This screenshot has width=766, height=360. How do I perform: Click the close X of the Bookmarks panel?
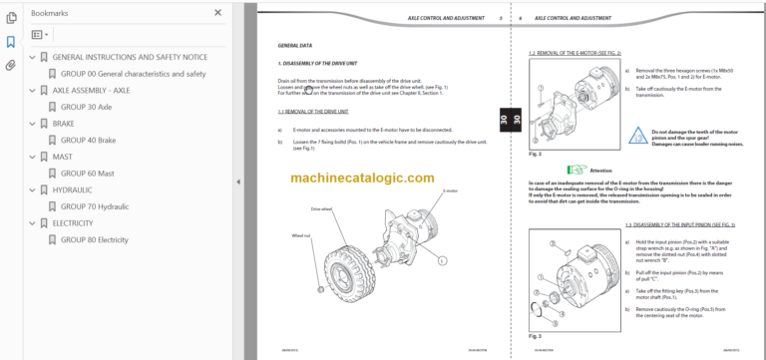[218, 13]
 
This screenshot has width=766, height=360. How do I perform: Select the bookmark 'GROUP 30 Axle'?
[86, 106]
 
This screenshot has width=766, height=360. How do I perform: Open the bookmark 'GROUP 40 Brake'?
[88, 141]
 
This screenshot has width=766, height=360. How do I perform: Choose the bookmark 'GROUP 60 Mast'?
[87, 173]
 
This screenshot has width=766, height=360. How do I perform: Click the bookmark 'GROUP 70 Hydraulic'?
[94, 206]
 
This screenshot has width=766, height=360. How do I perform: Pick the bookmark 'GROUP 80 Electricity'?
[94, 239]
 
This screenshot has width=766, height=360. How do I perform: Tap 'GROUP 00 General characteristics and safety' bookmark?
[133, 74]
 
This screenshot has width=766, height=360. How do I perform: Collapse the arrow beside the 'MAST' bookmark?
[31, 157]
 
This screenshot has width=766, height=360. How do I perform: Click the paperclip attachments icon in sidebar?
[11, 66]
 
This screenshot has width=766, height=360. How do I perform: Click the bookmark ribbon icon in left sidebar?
[11, 42]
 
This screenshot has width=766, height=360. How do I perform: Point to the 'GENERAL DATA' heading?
[295, 46]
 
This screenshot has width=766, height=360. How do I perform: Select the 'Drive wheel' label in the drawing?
[323, 210]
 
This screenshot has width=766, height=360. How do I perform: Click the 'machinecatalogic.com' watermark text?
[363, 178]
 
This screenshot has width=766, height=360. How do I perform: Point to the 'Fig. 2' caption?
[535, 154]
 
